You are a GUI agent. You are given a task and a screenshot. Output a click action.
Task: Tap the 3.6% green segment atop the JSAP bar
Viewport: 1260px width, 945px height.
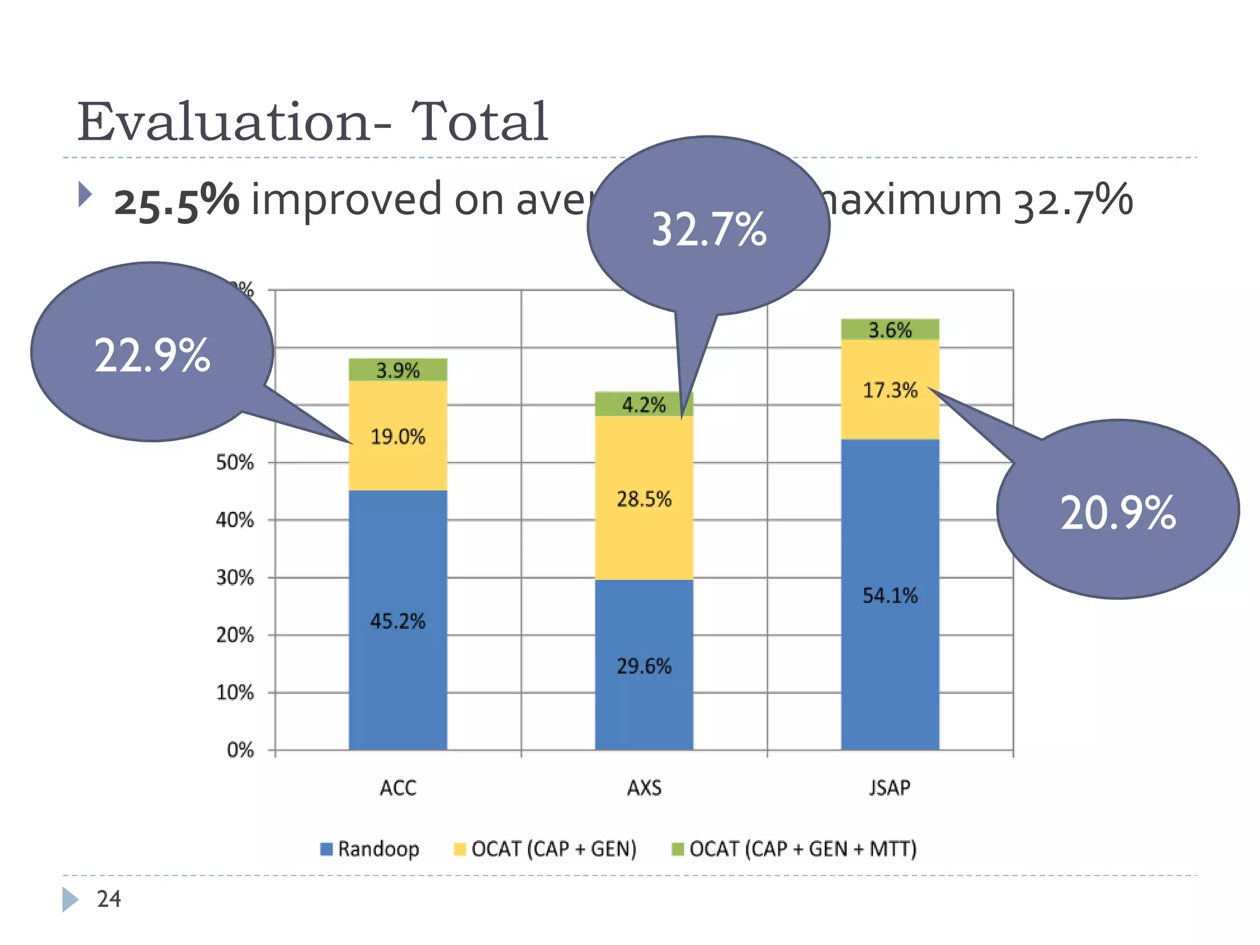[890, 330]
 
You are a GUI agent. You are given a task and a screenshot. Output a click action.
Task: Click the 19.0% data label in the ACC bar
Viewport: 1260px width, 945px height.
[397, 437]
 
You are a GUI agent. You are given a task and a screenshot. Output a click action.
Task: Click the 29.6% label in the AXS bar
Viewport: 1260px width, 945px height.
[644, 666]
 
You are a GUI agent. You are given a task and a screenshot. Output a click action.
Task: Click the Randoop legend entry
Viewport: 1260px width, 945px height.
[370, 849]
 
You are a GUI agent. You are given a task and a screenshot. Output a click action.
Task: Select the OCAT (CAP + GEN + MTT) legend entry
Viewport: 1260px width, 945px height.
[794, 849]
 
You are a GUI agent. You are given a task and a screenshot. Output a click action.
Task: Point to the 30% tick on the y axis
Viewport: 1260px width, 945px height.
[235, 578]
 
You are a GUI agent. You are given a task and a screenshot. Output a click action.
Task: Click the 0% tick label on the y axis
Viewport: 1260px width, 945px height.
[240, 750]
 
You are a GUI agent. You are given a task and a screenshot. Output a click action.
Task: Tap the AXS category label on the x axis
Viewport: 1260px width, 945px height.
[644, 788]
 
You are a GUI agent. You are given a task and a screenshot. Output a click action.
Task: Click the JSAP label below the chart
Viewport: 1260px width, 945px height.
[890, 788]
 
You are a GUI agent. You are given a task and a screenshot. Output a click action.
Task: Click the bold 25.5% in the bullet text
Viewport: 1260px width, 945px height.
[177, 201]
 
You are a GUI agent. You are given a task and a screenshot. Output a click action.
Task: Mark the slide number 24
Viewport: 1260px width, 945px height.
[109, 899]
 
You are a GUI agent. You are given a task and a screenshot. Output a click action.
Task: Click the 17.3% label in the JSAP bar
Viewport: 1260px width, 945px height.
[890, 390]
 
